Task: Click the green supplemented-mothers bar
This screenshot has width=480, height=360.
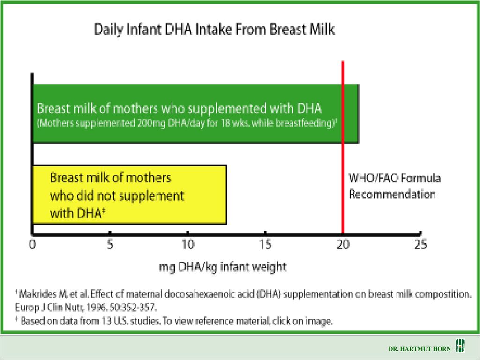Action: pos(195,114)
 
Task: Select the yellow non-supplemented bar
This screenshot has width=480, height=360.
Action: pos(129,195)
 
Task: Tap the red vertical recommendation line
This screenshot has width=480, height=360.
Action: pos(343,147)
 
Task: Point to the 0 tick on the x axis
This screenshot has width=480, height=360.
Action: pos(32,245)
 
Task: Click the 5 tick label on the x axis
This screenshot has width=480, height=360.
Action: pos(110,245)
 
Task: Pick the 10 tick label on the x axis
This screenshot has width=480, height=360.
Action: pos(187,245)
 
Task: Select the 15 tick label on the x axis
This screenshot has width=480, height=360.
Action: pos(265,245)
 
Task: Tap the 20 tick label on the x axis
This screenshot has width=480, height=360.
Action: pos(343,245)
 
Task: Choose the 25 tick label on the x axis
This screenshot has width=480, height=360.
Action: pos(420,245)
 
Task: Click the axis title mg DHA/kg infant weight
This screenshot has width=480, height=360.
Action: pos(223,267)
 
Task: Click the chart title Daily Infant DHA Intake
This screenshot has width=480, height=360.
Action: pos(214,30)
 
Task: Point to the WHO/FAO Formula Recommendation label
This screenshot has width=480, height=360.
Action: pos(395,186)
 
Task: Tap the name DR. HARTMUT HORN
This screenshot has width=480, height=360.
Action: pos(420,349)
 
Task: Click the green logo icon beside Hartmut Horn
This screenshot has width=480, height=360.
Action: pos(460,346)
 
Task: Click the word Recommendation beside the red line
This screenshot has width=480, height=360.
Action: pos(392,195)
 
